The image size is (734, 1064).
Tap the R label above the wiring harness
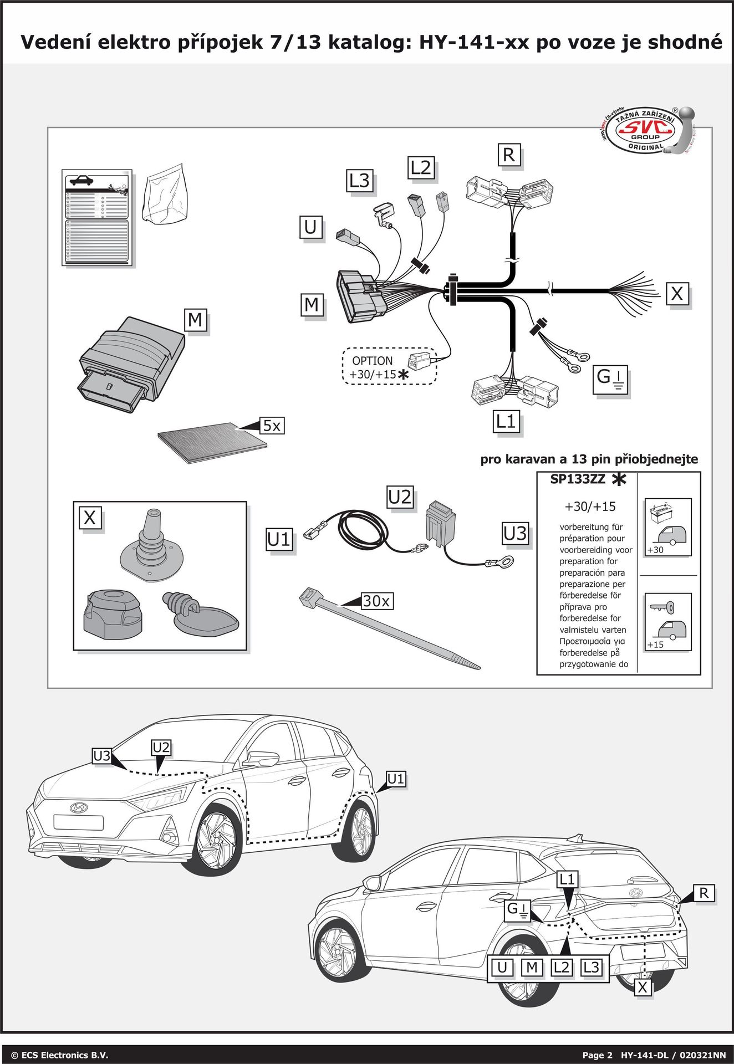(508, 155)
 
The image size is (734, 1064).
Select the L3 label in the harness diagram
(359, 181)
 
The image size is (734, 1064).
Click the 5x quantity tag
(272, 426)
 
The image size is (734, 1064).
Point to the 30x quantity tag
(376, 601)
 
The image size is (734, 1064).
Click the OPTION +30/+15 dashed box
(389, 366)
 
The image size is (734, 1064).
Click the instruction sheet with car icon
(97, 217)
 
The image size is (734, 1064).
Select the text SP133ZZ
(578, 479)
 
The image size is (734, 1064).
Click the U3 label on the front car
(102, 755)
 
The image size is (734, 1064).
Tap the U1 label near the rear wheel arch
(396, 779)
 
